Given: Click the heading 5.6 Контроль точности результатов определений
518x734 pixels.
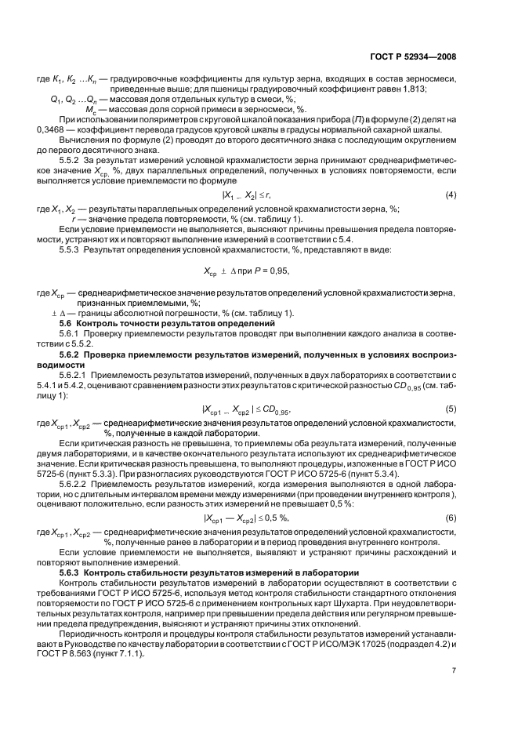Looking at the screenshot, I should click(168, 324).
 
